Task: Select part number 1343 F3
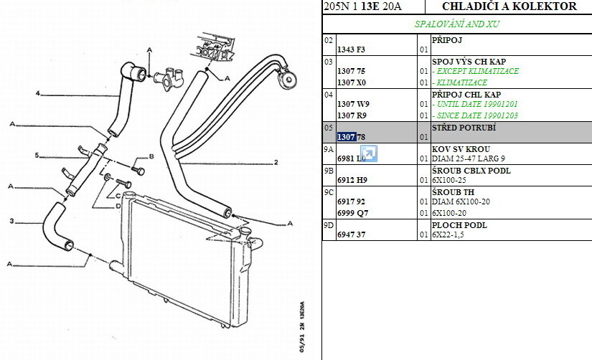point(351,49)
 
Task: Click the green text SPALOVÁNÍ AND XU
point(457,24)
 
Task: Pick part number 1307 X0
point(351,82)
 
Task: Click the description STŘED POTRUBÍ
point(464,128)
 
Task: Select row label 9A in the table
point(329,149)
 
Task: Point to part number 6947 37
point(351,235)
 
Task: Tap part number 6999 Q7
point(352,213)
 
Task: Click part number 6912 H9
point(352,180)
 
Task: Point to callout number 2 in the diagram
point(276,163)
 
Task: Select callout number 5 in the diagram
point(37,156)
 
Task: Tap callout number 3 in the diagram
point(12,220)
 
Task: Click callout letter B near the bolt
point(151,156)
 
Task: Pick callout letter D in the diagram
point(118,206)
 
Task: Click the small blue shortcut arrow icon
point(369,153)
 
